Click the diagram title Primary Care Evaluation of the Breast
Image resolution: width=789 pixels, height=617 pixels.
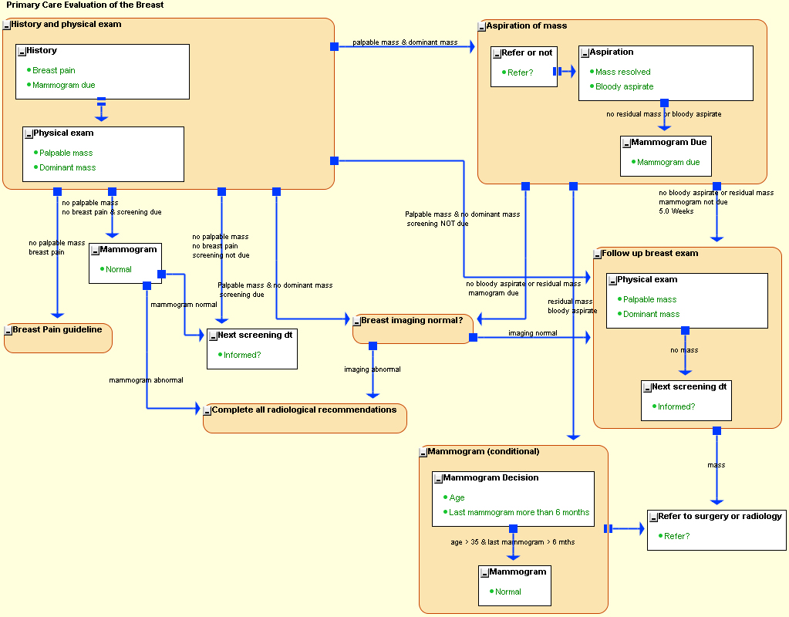coord(85,5)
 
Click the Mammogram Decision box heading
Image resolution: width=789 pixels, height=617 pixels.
coord(491,478)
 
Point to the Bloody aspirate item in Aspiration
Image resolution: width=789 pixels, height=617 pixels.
coord(624,86)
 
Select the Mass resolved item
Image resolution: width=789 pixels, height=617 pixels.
coord(622,72)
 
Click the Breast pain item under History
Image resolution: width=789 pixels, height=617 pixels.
coord(53,70)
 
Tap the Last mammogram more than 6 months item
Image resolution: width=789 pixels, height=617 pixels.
coord(518,512)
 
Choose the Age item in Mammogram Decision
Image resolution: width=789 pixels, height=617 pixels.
coord(457,497)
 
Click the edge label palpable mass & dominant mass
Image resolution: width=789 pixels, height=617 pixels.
coord(405,42)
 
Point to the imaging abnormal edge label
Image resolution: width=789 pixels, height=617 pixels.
coord(373,369)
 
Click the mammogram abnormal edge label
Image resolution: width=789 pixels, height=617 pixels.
coord(146,380)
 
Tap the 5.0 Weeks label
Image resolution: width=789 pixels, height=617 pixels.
coord(676,211)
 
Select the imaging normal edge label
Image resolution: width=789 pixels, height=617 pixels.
coord(532,333)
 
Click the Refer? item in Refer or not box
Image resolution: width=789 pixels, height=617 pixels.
coord(520,72)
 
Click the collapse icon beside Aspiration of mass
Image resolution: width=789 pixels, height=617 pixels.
coord(481,27)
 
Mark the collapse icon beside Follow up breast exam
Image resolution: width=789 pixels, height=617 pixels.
coord(597,255)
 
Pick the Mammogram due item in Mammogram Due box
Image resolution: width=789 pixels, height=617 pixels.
coord(668,162)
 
